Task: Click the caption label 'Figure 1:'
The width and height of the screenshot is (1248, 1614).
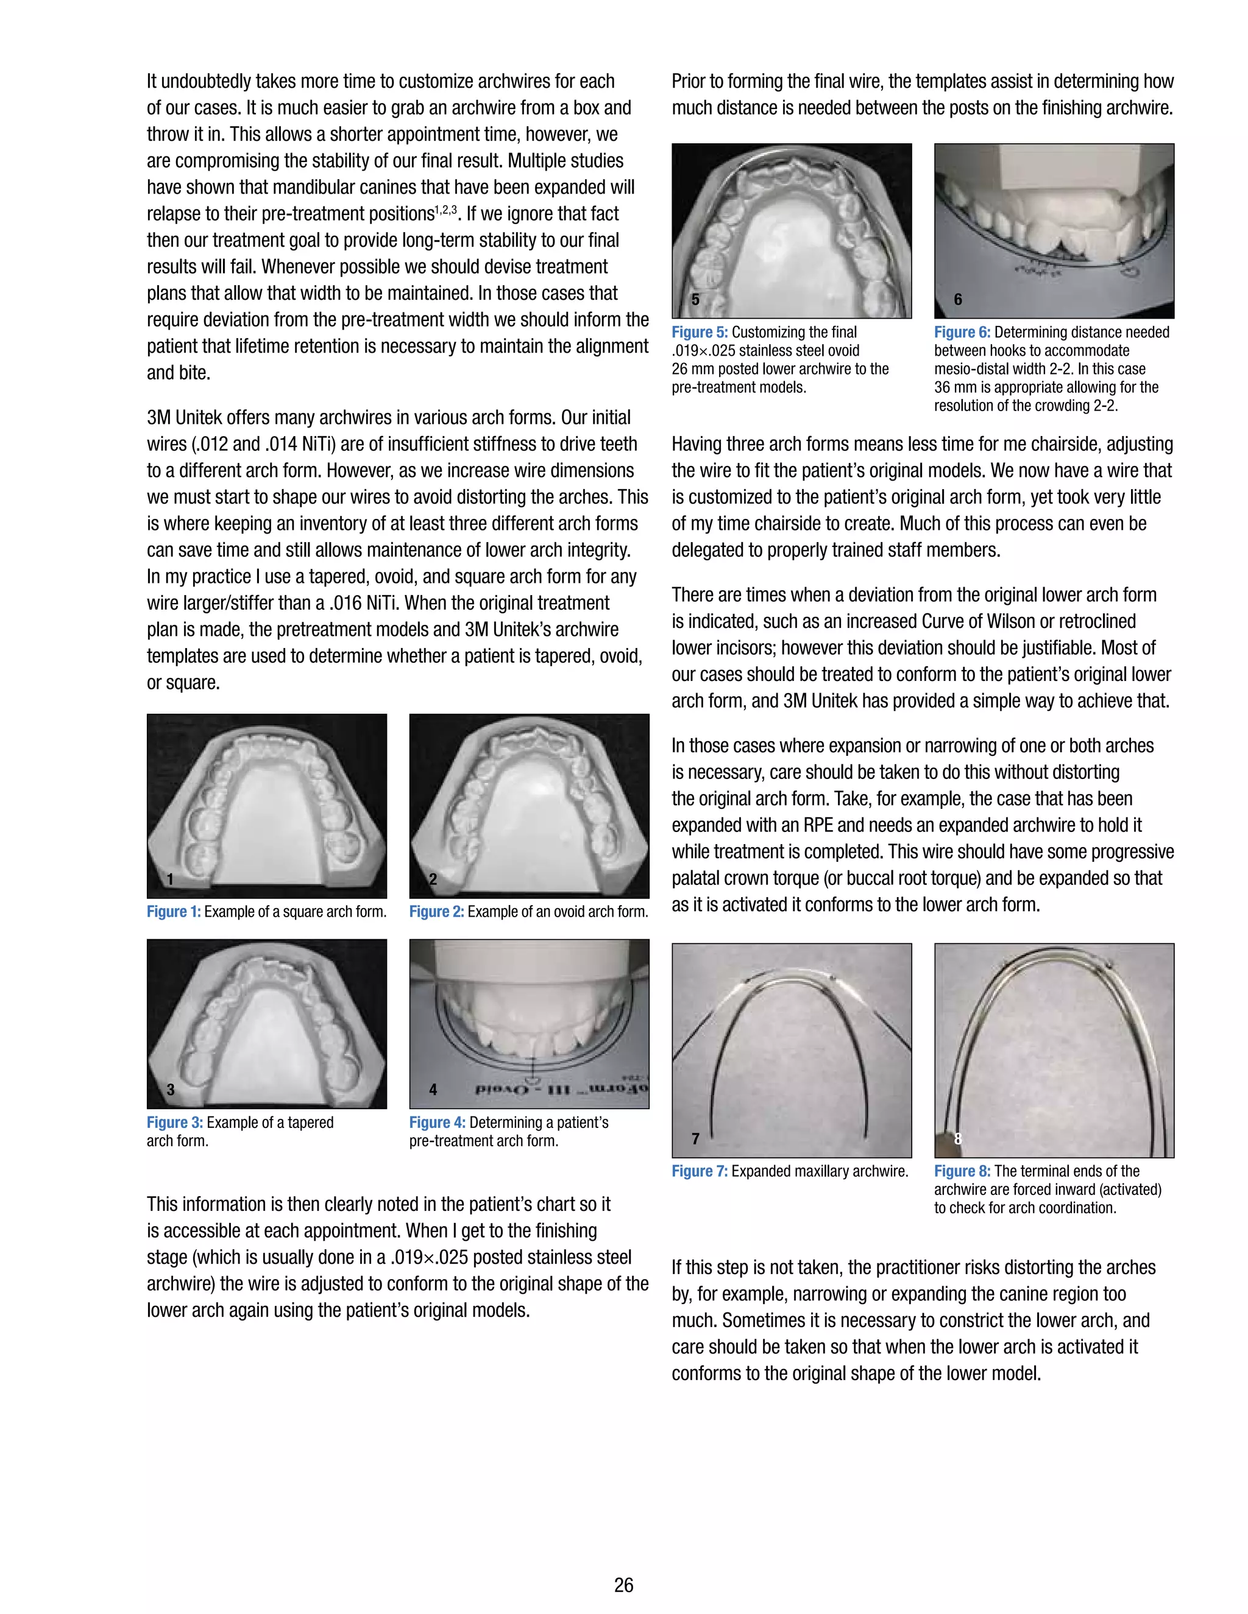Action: point(173,911)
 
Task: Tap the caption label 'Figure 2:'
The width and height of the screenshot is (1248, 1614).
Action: point(436,911)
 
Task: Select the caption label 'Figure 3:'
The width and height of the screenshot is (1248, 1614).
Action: point(174,1122)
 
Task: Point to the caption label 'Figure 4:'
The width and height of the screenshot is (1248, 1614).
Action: point(437,1122)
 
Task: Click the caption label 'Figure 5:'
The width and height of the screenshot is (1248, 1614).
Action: point(700,332)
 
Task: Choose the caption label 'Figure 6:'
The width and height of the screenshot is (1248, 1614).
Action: point(962,332)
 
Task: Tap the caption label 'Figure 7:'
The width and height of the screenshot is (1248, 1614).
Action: point(700,1171)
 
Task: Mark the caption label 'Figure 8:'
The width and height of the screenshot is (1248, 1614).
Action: point(962,1171)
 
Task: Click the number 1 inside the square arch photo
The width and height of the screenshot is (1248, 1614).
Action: point(170,879)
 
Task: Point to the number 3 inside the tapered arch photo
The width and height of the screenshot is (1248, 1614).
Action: point(170,1090)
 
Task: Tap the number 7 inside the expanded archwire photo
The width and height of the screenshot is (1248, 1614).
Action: point(695,1138)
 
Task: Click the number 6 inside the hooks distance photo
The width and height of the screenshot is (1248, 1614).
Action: point(957,299)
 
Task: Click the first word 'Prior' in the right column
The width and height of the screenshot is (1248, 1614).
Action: point(689,81)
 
